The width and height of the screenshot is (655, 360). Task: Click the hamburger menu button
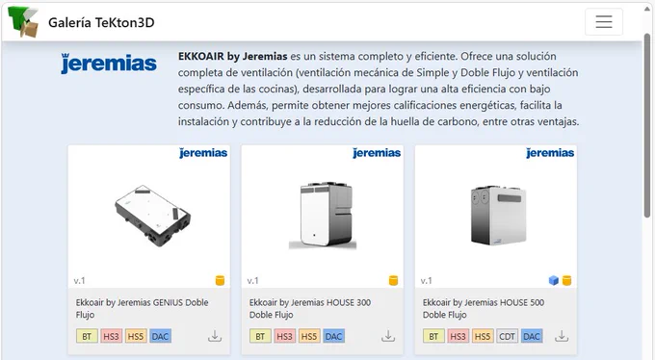coord(604,22)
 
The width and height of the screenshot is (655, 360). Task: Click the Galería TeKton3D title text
coord(101,22)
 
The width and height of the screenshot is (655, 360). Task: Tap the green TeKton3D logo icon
coord(23,22)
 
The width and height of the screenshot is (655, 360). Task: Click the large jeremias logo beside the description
coord(109,64)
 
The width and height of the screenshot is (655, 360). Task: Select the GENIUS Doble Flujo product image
coord(152,216)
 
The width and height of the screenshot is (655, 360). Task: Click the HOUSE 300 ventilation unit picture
coord(323,216)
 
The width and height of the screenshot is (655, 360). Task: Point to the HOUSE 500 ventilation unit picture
coord(498,215)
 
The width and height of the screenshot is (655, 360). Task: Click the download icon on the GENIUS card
coord(215,336)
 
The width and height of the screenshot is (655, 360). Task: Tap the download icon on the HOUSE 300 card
coord(388,336)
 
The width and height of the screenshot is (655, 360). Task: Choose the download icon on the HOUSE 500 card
coord(562,336)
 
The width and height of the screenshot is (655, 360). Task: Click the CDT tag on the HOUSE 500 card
coord(507,336)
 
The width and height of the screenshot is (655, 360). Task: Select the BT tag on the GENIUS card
coord(87,336)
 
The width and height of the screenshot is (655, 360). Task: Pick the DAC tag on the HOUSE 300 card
coord(334,336)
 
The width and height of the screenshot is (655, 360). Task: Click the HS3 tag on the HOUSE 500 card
coord(458,336)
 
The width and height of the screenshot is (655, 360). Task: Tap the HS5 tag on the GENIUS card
coord(136,336)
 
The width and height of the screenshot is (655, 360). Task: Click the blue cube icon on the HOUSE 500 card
coord(554,280)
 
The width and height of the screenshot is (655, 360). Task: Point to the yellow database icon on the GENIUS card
coord(220,280)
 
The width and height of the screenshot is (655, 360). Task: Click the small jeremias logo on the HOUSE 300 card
coord(377,153)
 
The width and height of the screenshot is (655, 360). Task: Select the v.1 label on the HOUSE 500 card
coord(426,281)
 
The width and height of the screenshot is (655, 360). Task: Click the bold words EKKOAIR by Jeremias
coord(233,57)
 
